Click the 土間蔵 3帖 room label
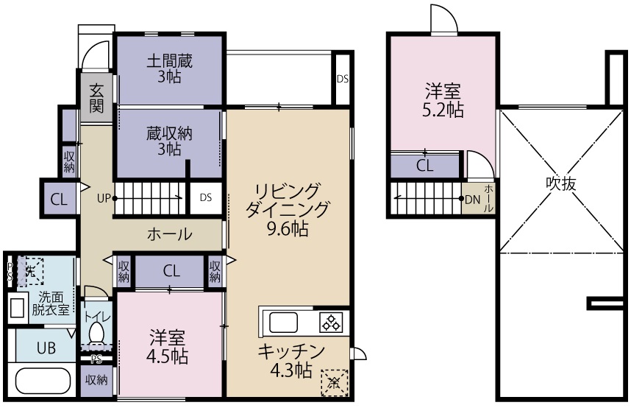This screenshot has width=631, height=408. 169,68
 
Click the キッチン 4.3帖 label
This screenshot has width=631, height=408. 291,359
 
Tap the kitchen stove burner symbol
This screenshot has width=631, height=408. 332,323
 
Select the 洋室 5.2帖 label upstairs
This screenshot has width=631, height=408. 443,101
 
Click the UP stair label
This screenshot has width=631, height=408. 104,197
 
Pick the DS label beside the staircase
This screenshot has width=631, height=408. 206,197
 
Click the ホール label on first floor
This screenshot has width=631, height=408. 170,234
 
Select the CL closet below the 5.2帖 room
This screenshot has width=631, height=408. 425,165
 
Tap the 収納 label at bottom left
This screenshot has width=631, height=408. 96,381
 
